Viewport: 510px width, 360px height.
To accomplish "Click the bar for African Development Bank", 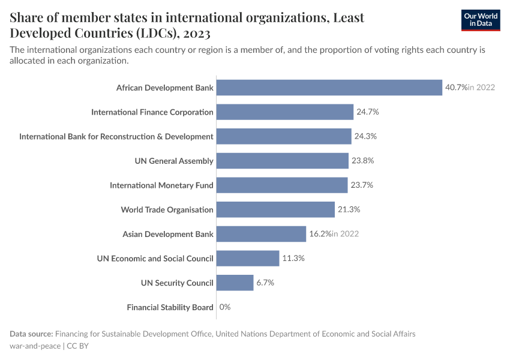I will point(329,88).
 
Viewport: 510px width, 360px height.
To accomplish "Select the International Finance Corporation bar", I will point(284,112).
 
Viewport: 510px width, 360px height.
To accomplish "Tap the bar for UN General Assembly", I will point(282,161).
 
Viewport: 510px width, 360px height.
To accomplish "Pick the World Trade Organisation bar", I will point(275,209).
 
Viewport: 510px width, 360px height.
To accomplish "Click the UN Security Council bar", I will point(235,283).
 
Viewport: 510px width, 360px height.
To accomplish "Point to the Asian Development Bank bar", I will point(261,234).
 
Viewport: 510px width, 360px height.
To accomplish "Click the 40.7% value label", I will point(455,88).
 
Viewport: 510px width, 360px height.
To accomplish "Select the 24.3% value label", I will point(365,136).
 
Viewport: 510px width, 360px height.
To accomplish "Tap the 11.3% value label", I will point(293,259).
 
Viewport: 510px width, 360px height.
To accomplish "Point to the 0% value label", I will point(225,307).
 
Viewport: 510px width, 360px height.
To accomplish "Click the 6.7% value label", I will point(265,283).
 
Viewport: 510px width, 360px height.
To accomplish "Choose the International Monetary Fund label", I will point(161,185).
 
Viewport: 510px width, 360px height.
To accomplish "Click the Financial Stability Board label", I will point(170,307).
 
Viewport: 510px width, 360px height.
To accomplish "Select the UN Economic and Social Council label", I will point(155,259).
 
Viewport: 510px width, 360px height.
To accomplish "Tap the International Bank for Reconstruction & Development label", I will point(116,136).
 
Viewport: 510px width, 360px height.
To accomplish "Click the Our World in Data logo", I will point(480,20).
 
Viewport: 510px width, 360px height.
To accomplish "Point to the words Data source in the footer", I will point(32,334).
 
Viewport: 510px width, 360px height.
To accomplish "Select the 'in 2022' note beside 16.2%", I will point(345,234).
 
